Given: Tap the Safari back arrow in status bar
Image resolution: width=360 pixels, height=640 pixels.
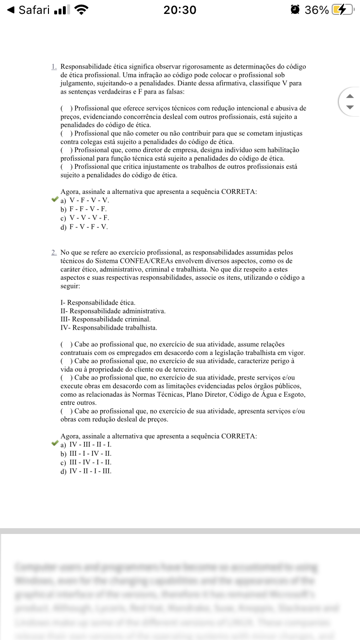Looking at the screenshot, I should point(11,10).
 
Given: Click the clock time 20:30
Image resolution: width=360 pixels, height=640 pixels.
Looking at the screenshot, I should point(180,10).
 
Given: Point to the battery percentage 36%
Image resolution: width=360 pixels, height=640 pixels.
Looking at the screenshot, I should point(317,10).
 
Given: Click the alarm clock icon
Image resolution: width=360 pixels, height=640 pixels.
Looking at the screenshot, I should point(295,10).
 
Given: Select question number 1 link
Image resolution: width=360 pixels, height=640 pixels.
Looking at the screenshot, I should point(54,67).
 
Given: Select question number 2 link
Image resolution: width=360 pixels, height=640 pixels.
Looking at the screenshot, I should point(54,252).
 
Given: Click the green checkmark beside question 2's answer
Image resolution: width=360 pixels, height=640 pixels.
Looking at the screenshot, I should point(55,444).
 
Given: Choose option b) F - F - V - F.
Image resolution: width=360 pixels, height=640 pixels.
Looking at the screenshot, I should point(84,209).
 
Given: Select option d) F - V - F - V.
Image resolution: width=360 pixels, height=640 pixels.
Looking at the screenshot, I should point(84,227).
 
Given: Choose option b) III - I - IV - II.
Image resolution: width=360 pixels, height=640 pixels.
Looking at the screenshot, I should point(86,453).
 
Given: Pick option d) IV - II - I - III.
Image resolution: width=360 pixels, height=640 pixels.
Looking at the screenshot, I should point(86,471).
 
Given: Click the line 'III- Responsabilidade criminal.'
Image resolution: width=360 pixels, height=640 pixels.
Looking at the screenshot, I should point(106,319).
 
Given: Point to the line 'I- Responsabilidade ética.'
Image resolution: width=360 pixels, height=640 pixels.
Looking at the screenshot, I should point(98,303).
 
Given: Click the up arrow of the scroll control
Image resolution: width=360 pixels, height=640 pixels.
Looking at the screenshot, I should point(350,96).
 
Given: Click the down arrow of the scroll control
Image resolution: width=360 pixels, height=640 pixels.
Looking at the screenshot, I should point(350,107).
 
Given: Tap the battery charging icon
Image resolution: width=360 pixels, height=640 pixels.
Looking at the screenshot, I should point(344,10).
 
